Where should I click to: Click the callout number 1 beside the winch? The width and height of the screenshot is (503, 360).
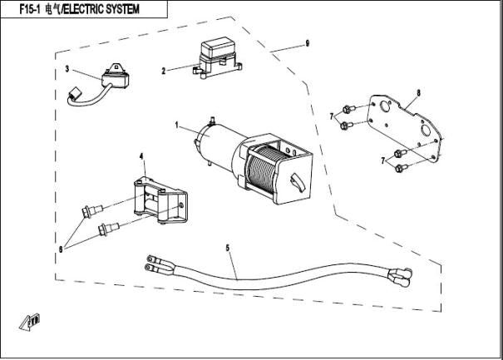point(177,125)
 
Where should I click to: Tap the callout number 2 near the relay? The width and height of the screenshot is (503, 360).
point(164,71)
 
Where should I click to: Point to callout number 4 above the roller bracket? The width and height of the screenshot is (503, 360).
point(141,155)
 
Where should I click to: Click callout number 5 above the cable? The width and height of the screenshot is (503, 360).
point(228,247)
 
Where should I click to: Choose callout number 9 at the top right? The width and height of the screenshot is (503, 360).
point(307,43)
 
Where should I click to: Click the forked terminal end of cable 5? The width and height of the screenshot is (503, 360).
point(158,265)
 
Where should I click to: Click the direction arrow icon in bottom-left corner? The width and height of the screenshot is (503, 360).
point(31,321)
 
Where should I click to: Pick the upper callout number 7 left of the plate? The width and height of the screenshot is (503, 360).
point(331,116)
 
